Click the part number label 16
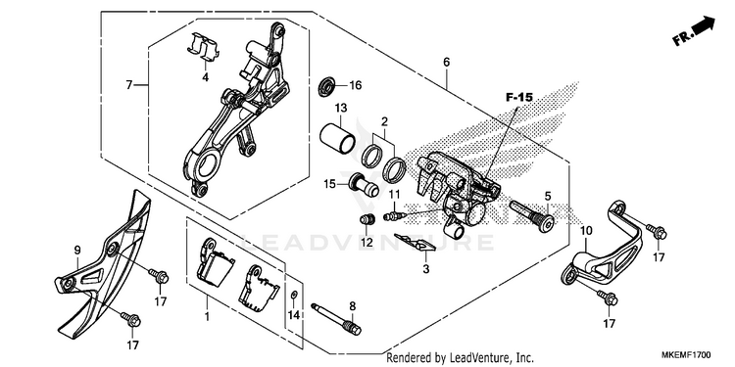click(x=356, y=85)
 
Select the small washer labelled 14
click(x=293, y=295)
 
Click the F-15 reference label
click(x=519, y=97)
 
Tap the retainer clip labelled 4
click(x=203, y=47)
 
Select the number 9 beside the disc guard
click(x=77, y=251)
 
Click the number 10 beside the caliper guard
click(x=586, y=231)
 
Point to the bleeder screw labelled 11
click(x=392, y=216)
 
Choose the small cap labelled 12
click(x=367, y=218)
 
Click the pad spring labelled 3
click(x=416, y=243)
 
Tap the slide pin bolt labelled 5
click(x=532, y=215)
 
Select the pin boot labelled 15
click(x=364, y=185)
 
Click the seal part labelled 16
click(x=326, y=87)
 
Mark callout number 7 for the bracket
click(x=129, y=85)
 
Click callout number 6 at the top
click(x=446, y=63)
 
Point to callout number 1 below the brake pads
click(x=207, y=317)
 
